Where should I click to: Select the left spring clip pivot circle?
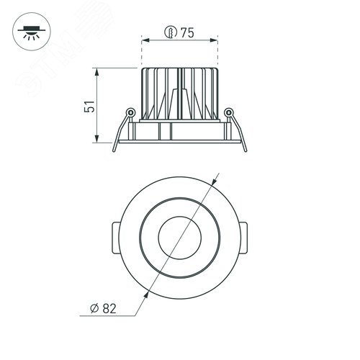coord(130,112)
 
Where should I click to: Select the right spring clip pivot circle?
coord(228,112)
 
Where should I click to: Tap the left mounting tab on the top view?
coord(116,235)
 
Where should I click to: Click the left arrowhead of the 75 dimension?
coord(142,41)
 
